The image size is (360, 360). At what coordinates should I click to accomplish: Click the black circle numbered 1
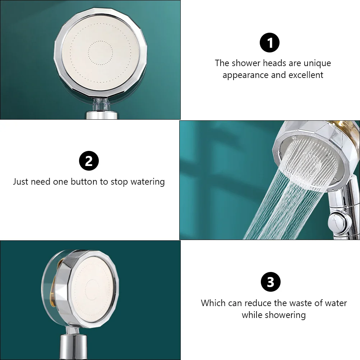269,43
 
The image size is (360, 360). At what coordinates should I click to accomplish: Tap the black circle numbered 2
89,161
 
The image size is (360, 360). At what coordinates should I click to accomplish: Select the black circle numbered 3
271,282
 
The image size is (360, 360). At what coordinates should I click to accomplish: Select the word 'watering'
148,182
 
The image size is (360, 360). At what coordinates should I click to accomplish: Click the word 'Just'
20,181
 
